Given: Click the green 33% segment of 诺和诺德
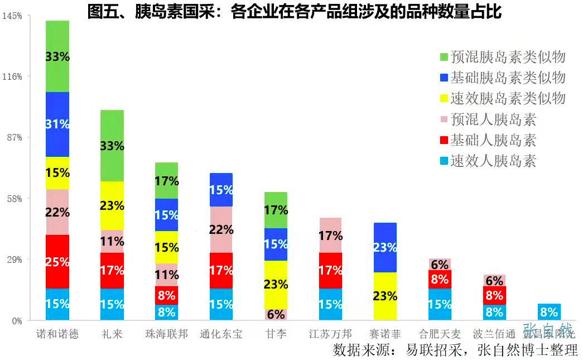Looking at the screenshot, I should pyautogui.click(x=57, y=56).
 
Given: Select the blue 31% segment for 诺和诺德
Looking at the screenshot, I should pyautogui.click(x=57, y=124).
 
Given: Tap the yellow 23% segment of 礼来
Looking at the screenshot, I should pyautogui.click(x=112, y=205).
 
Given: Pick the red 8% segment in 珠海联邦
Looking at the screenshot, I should pyautogui.click(x=166, y=295).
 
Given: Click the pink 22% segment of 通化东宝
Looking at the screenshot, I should pyautogui.click(x=221, y=229).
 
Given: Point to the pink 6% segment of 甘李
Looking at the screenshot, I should pyautogui.click(x=276, y=314).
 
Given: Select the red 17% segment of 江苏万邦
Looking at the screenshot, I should pyautogui.click(x=330, y=270).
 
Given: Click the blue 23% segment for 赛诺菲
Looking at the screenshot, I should pyautogui.click(x=385, y=247).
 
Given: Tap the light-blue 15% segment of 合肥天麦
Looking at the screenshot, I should pyautogui.click(x=440, y=304).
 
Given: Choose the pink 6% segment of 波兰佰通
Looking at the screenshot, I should pyautogui.click(x=494, y=280).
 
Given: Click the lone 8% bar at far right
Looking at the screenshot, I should pyautogui.click(x=549, y=312).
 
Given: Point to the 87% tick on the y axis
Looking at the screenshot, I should pyautogui.click(x=13, y=138).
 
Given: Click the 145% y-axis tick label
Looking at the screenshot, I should pyautogui.click(x=12, y=16).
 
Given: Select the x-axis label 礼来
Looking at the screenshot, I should pyautogui.click(x=112, y=334).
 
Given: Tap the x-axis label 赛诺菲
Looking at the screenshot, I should pyautogui.click(x=385, y=334).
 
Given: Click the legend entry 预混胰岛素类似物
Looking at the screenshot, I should pyautogui.click(x=508, y=56).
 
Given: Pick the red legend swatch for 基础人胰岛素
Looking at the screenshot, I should pyautogui.click(x=444, y=140).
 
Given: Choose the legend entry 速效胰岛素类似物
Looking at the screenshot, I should pyautogui.click(x=508, y=98).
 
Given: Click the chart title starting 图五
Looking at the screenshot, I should pyautogui.click(x=295, y=11).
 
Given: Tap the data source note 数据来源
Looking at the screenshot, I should pyautogui.click(x=455, y=350).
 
